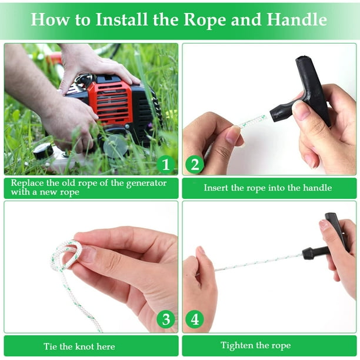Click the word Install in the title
click(x=121, y=19)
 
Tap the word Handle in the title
click(x=297, y=19)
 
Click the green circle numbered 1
click(x=165, y=164)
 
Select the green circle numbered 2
click(x=195, y=164)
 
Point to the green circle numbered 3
click(x=166, y=319)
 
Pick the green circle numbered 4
click(x=195, y=319)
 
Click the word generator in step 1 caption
click(x=146, y=184)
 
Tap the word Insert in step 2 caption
click(x=216, y=188)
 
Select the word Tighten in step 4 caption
click(x=236, y=345)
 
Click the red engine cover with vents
click(x=110, y=102)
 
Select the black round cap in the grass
click(x=43, y=151)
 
